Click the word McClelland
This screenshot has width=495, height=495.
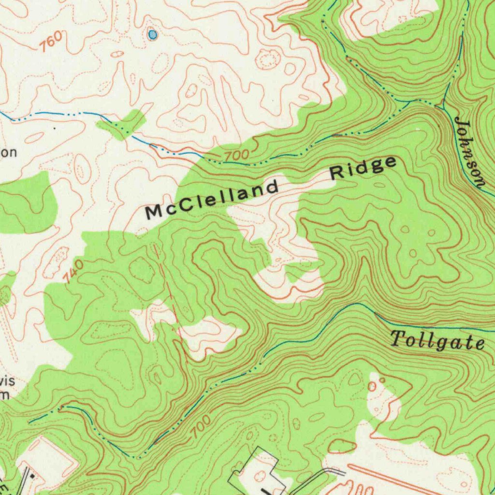(x=213, y=199)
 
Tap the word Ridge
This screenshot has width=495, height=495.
(x=364, y=168)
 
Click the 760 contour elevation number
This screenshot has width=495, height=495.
(x=50, y=42)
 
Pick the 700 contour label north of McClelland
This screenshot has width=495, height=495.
(x=236, y=156)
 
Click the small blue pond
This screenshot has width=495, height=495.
(x=153, y=34)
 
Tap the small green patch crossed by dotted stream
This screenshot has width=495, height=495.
(x=121, y=124)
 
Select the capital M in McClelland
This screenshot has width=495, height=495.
(x=155, y=212)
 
